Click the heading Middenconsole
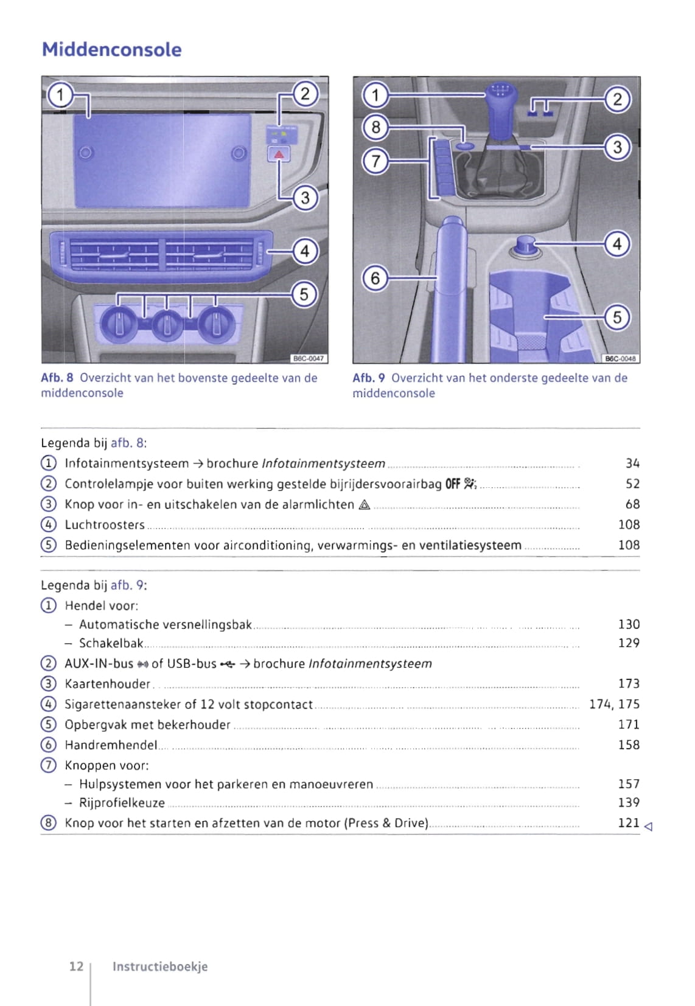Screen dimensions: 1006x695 pyautogui.click(x=111, y=49)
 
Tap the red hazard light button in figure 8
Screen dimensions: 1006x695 pyautogui.click(x=279, y=154)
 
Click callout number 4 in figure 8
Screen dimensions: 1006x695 pyautogui.click(x=305, y=251)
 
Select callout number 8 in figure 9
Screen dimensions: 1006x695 pyautogui.click(x=375, y=127)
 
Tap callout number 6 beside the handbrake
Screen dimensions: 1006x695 pyautogui.click(x=375, y=278)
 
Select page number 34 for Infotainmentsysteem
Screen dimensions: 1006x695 pyautogui.click(x=632, y=463)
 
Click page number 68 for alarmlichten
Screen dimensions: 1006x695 pyautogui.click(x=632, y=504)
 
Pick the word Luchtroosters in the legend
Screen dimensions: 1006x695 pyautogui.click(x=105, y=525)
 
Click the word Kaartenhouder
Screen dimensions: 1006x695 pyautogui.click(x=107, y=684)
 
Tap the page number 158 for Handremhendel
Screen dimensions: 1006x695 pyautogui.click(x=629, y=745)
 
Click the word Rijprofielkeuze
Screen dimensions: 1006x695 pyautogui.click(x=122, y=803)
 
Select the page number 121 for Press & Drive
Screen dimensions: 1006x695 pyautogui.click(x=629, y=823)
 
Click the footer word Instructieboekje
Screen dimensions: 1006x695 pyautogui.click(x=160, y=966)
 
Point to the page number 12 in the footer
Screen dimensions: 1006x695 pyautogui.click(x=76, y=966)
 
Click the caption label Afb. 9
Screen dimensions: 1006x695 pyautogui.click(x=368, y=378)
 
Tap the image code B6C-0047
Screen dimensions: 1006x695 pyautogui.click(x=309, y=359)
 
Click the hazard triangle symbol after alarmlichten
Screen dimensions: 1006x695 pyautogui.click(x=365, y=505)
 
